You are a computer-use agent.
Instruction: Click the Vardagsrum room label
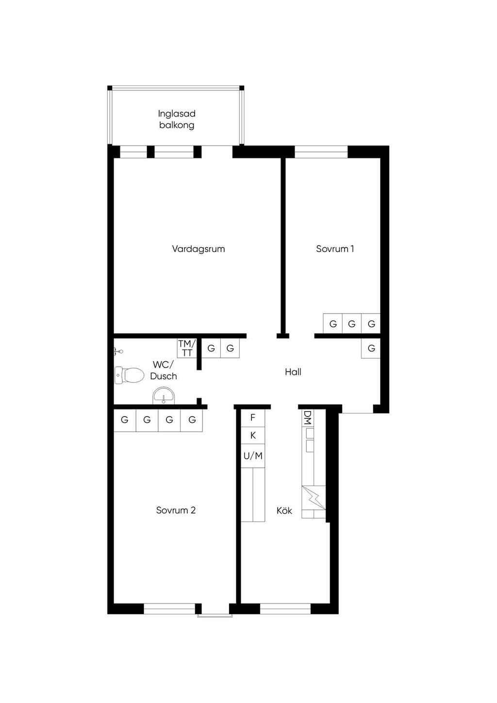coord(199,249)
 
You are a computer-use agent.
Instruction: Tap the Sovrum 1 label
coord(335,249)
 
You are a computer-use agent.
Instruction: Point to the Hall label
coord(293,372)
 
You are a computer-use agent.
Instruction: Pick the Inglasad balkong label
coord(177,119)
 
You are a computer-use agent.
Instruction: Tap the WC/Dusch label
coord(163,370)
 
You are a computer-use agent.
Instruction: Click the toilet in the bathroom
coord(129,375)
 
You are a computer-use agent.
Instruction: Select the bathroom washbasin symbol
coord(164,396)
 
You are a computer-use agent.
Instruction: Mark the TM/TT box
coord(187,348)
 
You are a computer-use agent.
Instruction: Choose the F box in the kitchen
coord(252,418)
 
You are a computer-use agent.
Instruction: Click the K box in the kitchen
coord(252,435)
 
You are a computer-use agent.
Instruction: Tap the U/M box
coord(252,456)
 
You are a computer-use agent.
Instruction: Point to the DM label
coord(308,418)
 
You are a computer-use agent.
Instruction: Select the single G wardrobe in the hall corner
coord(371,348)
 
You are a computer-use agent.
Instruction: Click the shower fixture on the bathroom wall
coord(118,352)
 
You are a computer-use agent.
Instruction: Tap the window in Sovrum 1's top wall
coord(321,152)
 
